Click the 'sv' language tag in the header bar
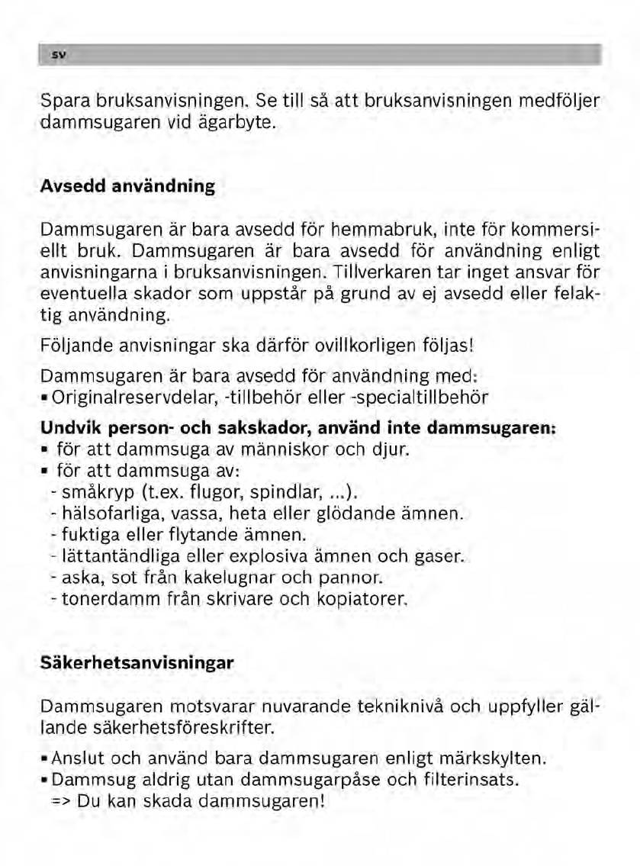(56, 56)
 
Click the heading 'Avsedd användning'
(127, 186)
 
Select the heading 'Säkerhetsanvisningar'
(137, 663)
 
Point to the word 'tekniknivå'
(409, 706)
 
